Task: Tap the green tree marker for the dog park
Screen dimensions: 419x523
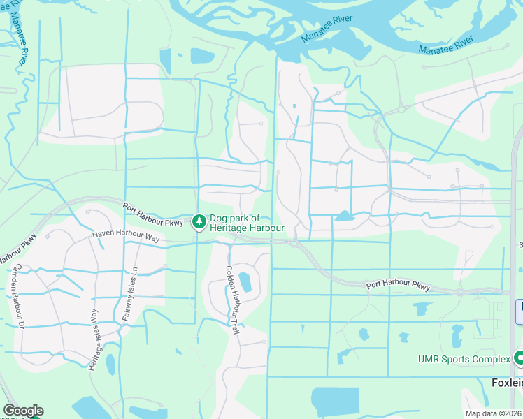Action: [x=199, y=221]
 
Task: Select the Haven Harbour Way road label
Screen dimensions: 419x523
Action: [x=127, y=237]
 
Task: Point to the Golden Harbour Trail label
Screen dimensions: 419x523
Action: [x=232, y=299]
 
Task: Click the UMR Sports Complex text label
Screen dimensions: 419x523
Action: [x=464, y=359]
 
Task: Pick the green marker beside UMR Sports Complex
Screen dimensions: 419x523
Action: [x=518, y=358]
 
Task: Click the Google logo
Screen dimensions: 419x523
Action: [x=23, y=411]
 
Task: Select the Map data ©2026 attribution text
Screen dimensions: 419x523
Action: [x=494, y=413]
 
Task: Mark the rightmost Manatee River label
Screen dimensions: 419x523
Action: [x=446, y=47]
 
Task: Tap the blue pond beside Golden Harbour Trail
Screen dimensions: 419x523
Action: [x=245, y=282]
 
